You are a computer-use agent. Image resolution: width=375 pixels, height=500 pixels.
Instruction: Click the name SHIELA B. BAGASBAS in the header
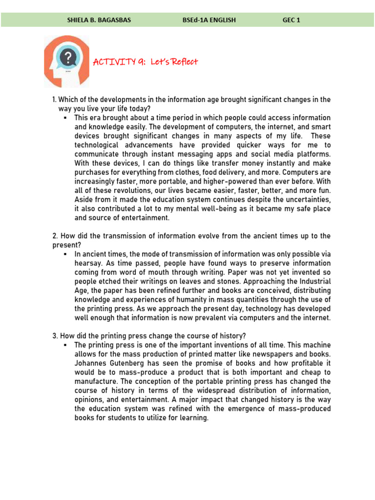[99, 20]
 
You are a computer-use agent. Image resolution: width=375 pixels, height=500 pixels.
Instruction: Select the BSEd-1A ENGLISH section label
[208, 20]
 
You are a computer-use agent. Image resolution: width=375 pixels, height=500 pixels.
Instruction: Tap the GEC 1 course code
[292, 20]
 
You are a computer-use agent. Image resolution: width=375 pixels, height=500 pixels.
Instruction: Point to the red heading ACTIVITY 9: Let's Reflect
[146, 62]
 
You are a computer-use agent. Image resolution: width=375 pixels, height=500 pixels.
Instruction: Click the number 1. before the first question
[54, 100]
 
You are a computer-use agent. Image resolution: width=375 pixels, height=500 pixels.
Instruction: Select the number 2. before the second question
[54, 236]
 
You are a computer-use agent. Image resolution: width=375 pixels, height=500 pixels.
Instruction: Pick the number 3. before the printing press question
[54, 336]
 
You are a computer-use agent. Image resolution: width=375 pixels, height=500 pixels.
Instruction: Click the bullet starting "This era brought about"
[65, 118]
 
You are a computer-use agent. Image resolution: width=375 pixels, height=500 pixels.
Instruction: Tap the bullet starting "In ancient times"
[65, 254]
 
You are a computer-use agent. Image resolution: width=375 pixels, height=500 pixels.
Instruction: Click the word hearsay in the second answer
[87, 264]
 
